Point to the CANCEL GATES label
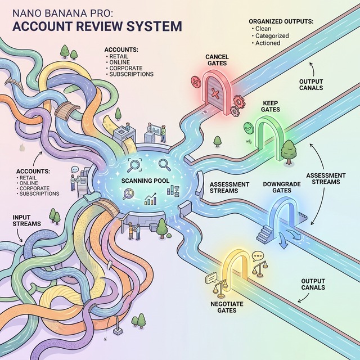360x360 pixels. [216, 60]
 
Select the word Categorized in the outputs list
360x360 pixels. [272, 35]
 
